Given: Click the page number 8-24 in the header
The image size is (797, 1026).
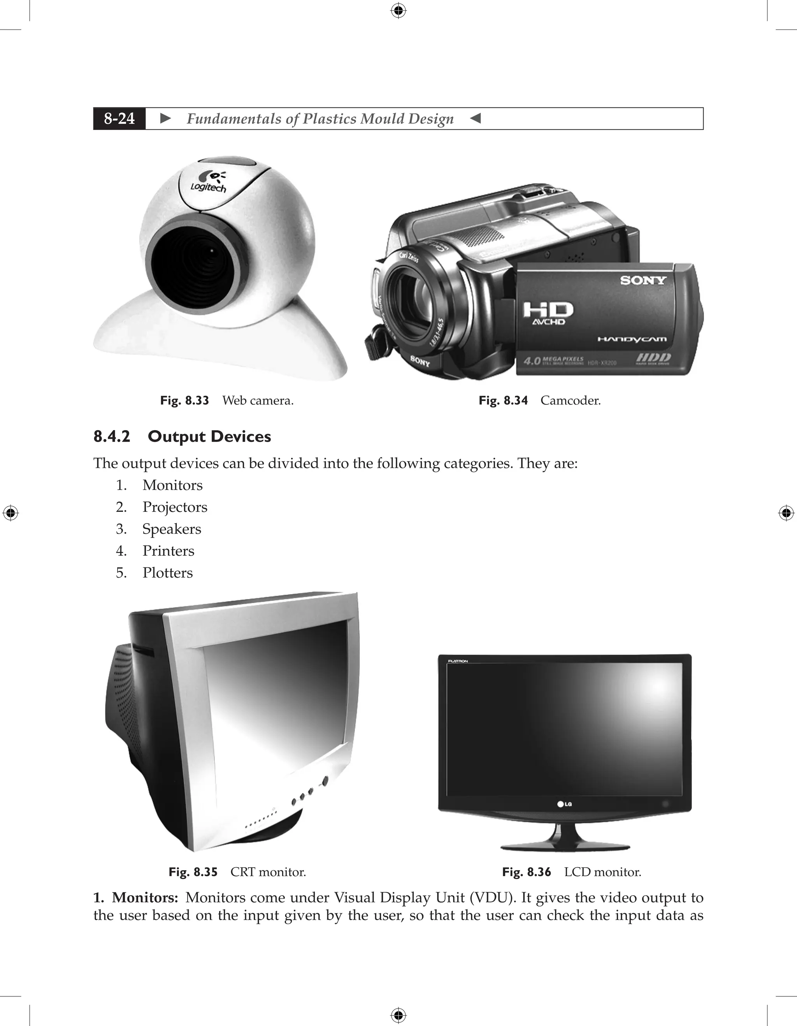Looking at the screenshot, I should (119, 119).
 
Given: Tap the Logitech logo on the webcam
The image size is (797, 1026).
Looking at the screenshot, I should (209, 182).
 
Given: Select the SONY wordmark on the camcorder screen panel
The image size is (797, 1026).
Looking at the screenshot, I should (643, 281).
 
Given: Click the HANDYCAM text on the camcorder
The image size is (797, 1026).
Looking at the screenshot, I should (632, 339).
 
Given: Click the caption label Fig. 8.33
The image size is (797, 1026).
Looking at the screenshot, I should (184, 401).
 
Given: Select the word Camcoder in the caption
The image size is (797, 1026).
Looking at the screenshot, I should (570, 401).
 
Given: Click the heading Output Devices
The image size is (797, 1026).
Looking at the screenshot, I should (209, 436).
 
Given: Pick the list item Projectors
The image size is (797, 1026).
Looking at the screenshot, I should (175, 508).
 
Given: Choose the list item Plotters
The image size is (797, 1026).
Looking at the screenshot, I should (168, 573).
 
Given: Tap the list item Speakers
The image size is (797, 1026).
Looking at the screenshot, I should (172, 529).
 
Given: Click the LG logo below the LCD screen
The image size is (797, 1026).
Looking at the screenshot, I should (565, 804).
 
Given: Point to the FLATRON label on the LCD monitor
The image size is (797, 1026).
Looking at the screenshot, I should (458, 661).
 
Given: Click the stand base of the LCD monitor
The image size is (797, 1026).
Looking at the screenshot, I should (565, 847).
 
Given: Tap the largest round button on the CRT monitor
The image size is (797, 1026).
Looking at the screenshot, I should (324, 782).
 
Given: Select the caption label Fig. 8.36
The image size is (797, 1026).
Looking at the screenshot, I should (526, 872).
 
